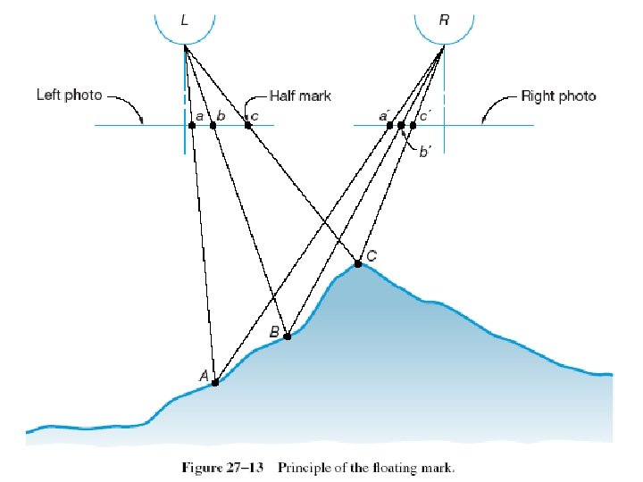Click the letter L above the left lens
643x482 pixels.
pyautogui.click(x=184, y=19)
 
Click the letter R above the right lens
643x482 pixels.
pyautogui.click(x=444, y=19)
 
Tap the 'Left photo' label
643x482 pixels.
pyautogui.click(x=69, y=94)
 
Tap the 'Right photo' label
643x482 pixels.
pyautogui.click(x=558, y=96)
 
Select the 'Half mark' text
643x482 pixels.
pyautogui.click(x=301, y=96)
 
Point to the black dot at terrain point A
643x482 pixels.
pyautogui.click(x=215, y=382)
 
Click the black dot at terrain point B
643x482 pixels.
pyautogui.click(x=287, y=337)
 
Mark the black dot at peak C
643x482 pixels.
pyautogui.click(x=357, y=263)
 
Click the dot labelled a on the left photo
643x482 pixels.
pyautogui.click(x=192, y=125)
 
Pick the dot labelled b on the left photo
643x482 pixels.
pyautogui.click(x=213, y=125)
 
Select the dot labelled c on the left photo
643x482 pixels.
pyautogui.click(x=247, y=125)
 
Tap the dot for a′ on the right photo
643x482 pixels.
pyautogui.click(x=389, y=125)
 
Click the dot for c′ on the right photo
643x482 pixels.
pyautogui.click(x=413, y=125)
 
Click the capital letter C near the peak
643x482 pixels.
pyautogui.click(x=372, y=256)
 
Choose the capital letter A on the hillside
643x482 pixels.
pyautogui.click(x=204, y=377)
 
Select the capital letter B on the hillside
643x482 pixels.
pyautogui.click(x=274, y=332)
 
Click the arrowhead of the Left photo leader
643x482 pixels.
pyautogui.click(x=142, y=121)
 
